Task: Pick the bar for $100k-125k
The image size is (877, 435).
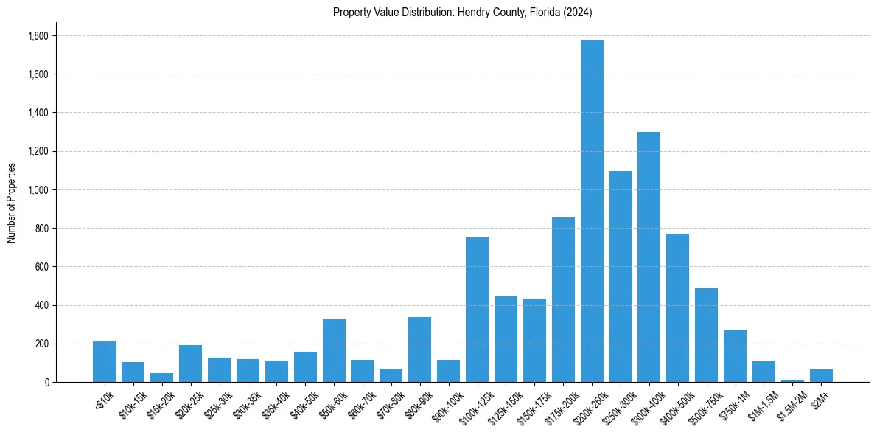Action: (477, 310)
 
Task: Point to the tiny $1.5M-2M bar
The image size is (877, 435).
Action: (792, 380)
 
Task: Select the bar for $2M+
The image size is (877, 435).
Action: (821, 375)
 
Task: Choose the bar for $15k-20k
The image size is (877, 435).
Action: (161, 377)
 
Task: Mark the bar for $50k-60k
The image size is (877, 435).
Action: (334, 350)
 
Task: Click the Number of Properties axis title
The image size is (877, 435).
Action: (12, 203)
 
